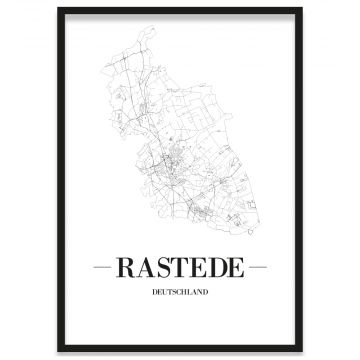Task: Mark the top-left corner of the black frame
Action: [59, 9]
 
